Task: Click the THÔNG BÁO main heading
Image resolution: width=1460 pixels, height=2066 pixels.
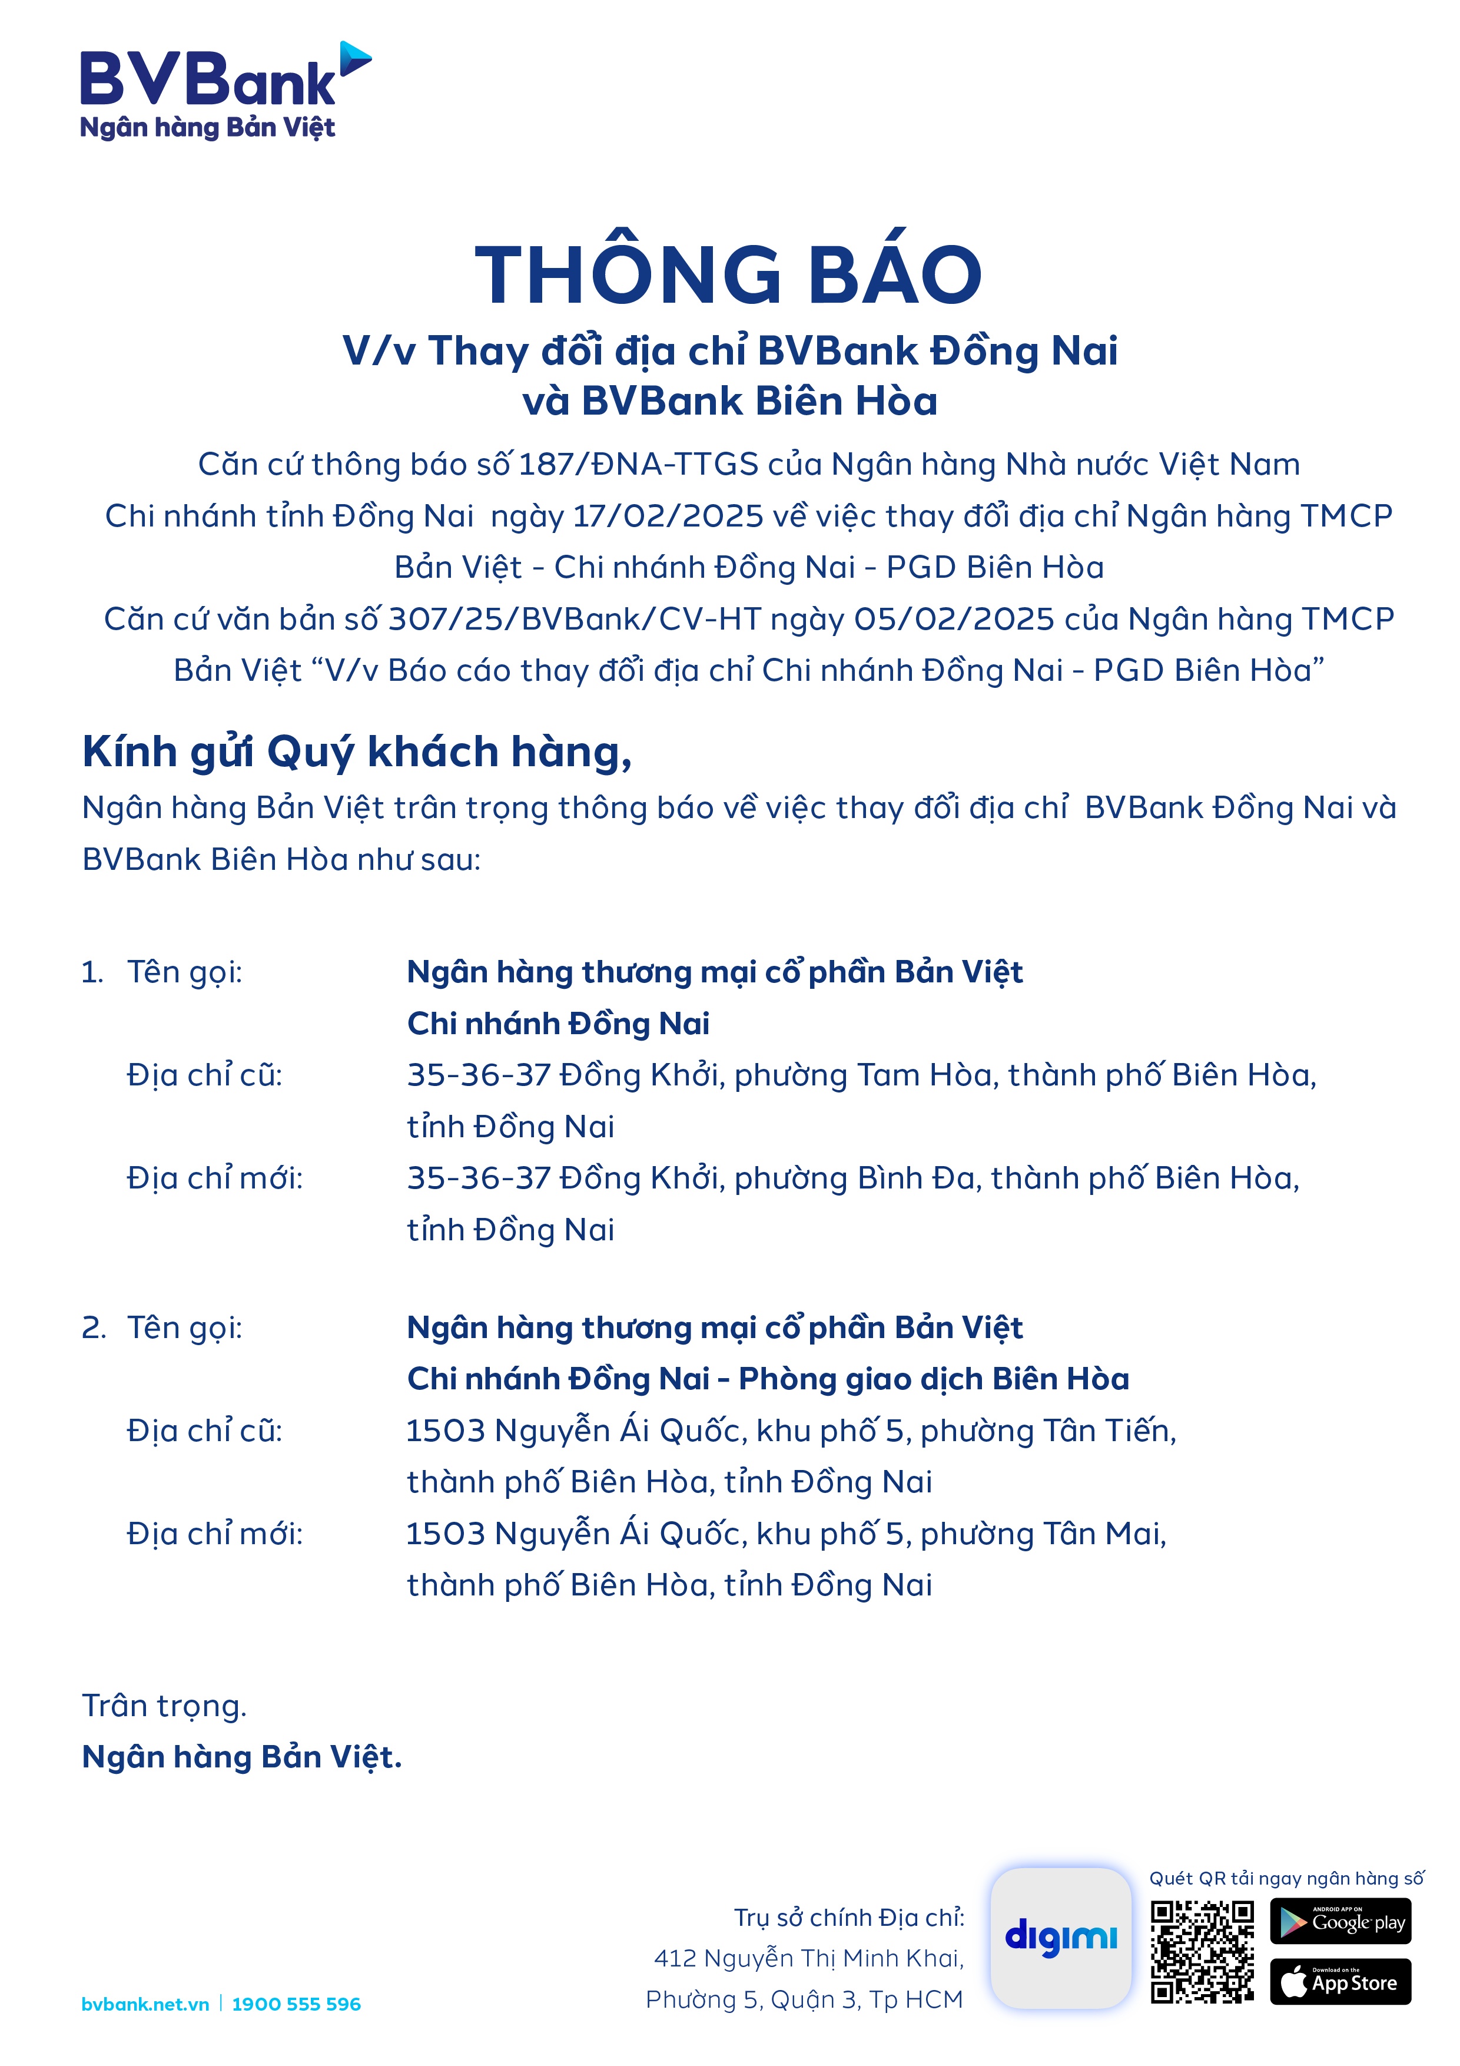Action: (x=729, y=274)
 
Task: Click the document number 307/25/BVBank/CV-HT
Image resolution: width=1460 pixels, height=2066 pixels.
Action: (x=575, y=619)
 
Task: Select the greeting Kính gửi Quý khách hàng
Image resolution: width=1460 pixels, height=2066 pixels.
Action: (x=357, y=751)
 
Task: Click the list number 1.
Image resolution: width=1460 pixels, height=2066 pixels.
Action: (x=92, y=972)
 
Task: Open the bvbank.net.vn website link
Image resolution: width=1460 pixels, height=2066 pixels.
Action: (x=145, y=2004)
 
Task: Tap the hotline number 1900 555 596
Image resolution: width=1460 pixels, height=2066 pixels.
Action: (x=296, y=2004)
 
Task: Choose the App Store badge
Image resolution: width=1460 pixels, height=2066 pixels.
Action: (x=1340, y=1981)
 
